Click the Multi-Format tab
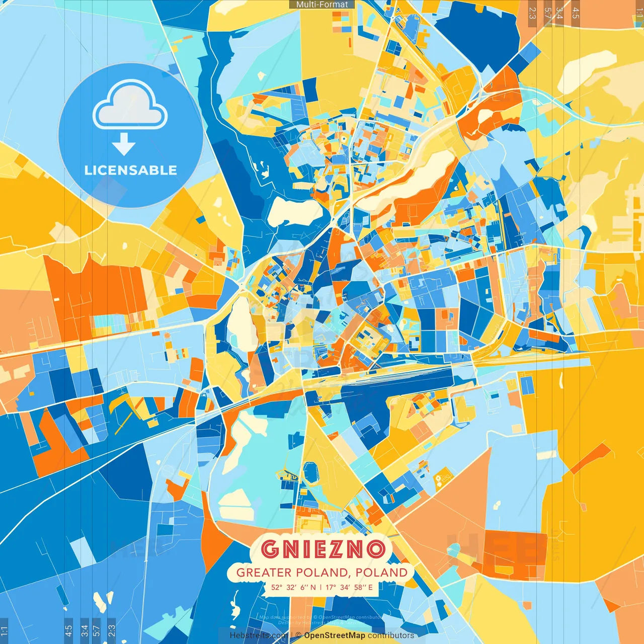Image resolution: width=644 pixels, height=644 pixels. (322, 5)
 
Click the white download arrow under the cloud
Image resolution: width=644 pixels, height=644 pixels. (123, 144)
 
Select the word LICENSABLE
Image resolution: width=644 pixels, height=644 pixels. (131, 170)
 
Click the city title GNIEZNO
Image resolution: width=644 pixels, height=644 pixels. (324, 549)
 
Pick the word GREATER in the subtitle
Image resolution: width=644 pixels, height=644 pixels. (264, 573)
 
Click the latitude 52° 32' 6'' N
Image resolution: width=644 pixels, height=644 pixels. (294, 587)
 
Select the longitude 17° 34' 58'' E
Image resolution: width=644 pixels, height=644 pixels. (349, 587)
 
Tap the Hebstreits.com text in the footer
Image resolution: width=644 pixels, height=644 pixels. (259, 635)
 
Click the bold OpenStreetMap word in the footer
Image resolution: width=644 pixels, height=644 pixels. (335, 635)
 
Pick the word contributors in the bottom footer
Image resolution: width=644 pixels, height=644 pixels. (391, 635)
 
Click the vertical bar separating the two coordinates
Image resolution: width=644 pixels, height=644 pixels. (321, 587)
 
